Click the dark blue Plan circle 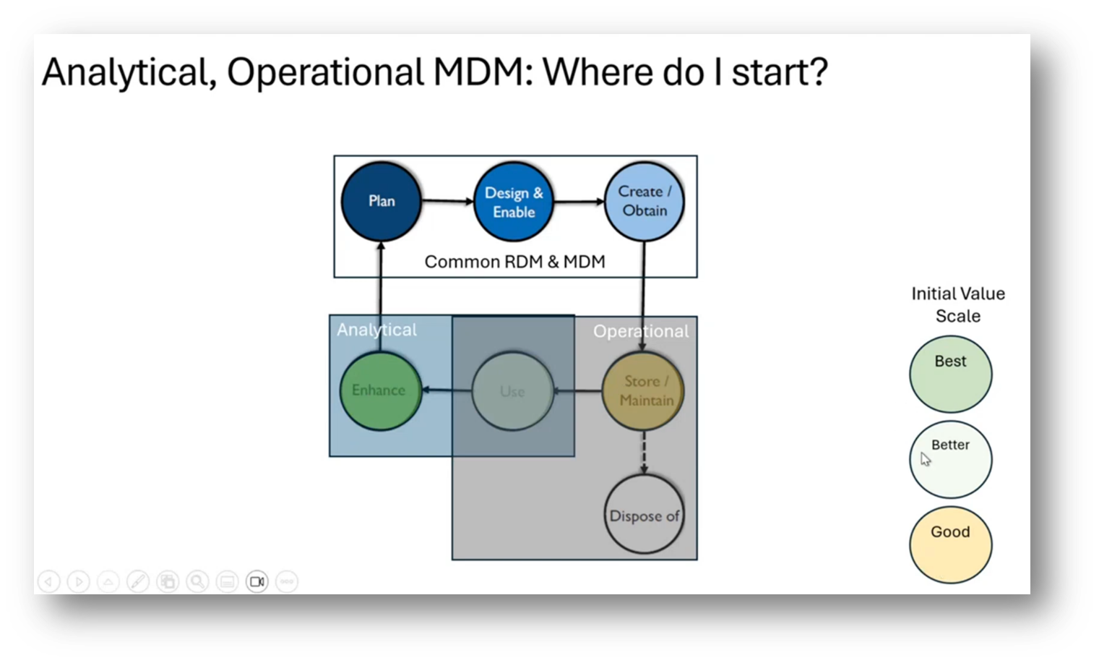pos(381,202)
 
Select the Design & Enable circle pos(514,202)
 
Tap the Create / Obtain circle pos(644,202)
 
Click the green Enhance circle pos(379,390)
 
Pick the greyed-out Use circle pos(512,391)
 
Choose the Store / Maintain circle pos(644,391)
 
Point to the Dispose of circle pos(644,516)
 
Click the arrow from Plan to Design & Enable pos(447,201)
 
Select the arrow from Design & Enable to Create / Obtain pos(579,202)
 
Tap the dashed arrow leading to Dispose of pos(644,453)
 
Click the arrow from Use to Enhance pos(447,390)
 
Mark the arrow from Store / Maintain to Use pos(577,391)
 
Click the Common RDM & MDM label pos(514,262)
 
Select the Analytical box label pos(376,330)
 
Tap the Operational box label pos(640,331)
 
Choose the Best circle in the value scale pos(950,374)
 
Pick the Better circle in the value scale pos(950,459)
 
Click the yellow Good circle pos(950,544)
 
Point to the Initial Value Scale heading pos(957,304)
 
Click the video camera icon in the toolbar pos(257,581)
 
